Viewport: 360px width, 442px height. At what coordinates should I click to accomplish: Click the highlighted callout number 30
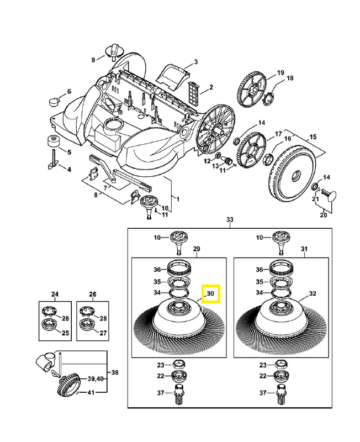click(210, 293)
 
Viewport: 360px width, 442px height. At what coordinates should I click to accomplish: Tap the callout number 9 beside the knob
click(94, 59)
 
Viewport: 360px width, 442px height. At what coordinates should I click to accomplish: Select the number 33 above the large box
click(230, 220)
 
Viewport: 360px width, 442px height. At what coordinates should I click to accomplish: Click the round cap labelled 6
click(55, 101)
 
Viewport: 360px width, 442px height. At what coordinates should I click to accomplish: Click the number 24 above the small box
click(55, 293)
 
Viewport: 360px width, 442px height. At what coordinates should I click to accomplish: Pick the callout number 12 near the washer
click(208, 161)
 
